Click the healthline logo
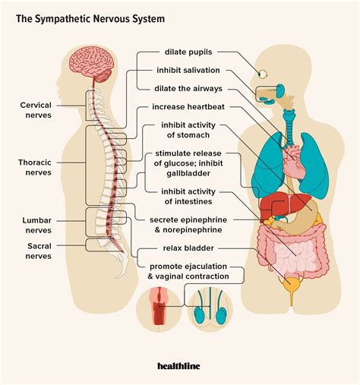(x=179, y=366)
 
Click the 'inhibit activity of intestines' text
(x=186, y=196)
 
